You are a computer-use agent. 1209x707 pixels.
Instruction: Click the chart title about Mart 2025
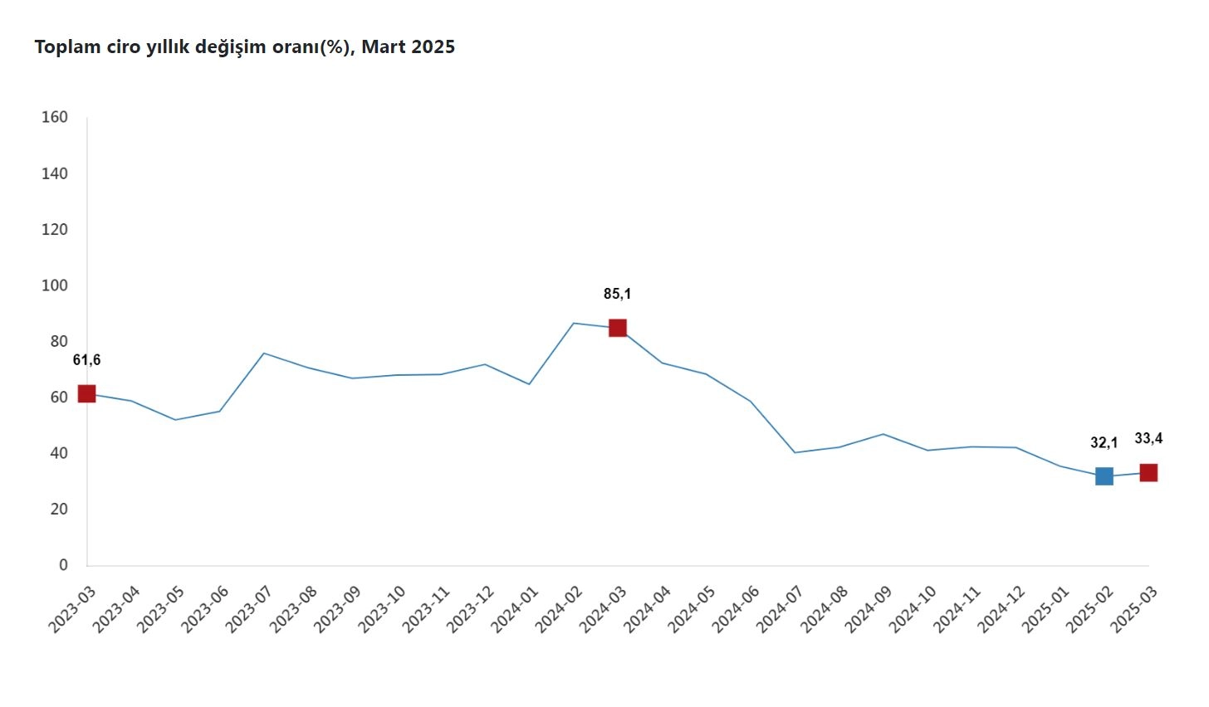pos(244,47)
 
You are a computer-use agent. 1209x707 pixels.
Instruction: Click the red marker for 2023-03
pos(86,393)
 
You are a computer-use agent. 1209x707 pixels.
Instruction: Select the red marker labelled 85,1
pos(617,328)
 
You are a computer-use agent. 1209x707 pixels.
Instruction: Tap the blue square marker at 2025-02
pos(1104,476)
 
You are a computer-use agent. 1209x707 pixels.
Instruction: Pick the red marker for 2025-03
pos(1148,473)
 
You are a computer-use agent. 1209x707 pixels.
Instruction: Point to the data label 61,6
pos(86,360)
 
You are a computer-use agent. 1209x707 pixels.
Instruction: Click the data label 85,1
pos(617,294)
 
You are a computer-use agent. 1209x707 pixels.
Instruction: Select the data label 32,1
pos(1104,443)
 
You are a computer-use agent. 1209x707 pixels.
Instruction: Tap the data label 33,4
pos(1148,438)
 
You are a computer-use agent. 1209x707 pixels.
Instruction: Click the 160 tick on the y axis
pos(55,117)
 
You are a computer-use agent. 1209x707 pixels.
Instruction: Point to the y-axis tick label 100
pos(55,285)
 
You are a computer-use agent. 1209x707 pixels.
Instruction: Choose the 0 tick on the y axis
pos(63,565)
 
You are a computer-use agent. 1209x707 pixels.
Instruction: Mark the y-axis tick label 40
pos(58,453)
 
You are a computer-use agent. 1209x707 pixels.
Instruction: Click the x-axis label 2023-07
pos(248,610)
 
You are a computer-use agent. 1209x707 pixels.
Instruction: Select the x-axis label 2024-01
pos(514,610)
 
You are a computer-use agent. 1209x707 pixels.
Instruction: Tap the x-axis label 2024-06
pos(736,610)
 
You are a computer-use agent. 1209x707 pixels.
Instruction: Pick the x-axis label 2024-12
pos(1001,610)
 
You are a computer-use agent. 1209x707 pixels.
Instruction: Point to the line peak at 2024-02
pos(573,323)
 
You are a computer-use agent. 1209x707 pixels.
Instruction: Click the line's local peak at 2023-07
pos(263,353)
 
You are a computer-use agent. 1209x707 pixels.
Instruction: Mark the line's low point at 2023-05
pos(175,420)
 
